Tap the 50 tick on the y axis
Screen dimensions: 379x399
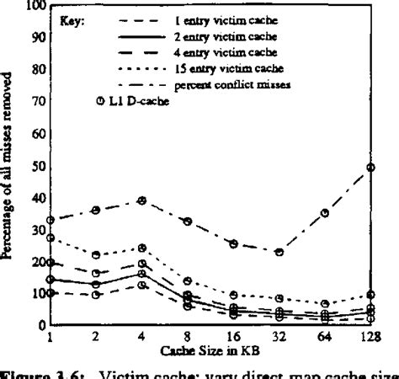click(x=36, y=167)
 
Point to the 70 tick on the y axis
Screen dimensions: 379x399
click(x=36, y=103)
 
